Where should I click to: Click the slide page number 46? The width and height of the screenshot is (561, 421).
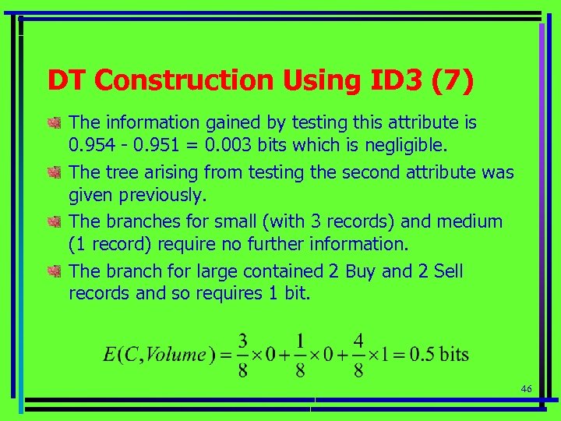tap(526, 389)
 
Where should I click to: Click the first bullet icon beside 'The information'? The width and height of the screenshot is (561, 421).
tap(54, 123)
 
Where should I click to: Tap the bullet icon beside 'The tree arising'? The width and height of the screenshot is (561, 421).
tap(54, 172)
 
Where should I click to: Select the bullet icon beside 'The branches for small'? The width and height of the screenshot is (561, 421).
tap(54, 222)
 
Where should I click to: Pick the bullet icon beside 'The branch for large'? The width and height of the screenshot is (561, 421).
tap(54, 272)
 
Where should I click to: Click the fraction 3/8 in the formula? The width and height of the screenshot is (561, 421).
tap(244, 355)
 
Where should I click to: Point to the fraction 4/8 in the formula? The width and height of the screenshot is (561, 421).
tap(358, 355)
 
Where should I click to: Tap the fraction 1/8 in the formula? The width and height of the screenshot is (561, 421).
tap(301, 355)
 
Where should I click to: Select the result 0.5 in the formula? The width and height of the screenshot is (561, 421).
tap(422, 355)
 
